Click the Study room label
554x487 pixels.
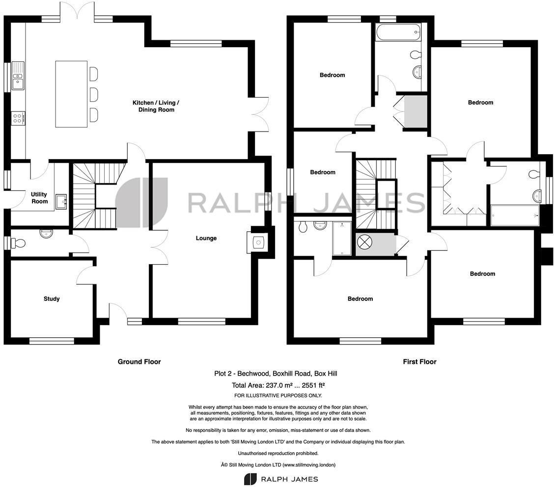pos(52,298)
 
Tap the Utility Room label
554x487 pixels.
pos(39,198)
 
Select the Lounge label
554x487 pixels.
pos(206,238)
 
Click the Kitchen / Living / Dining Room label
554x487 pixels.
pos(156,106)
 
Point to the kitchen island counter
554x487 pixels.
pos(71,94)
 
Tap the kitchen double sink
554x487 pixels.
pos(18,76)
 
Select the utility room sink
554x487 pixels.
pos(61,201)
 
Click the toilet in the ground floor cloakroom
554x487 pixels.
pos(19,243)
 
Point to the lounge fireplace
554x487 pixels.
pos(258,242)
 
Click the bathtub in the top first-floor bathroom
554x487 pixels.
pos(398,32)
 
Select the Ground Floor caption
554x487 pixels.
pos(139,362)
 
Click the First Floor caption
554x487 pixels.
pos(419,362)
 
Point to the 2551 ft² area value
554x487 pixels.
pos(312,385)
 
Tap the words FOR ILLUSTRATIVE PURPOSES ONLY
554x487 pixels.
pos(278,396)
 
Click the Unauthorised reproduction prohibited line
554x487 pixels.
pos(278,453)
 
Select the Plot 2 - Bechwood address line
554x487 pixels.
pos(276,374)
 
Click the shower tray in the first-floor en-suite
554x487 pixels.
pos(342,239)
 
